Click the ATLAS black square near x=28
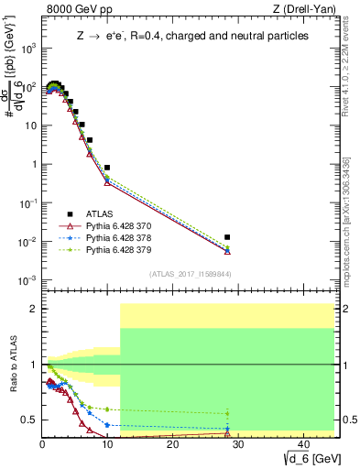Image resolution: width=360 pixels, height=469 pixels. (227, 237)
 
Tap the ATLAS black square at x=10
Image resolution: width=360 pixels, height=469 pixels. (107, 168)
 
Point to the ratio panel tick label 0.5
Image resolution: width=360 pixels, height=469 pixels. (28, 420)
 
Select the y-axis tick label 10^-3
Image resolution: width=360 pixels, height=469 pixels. (27, 280)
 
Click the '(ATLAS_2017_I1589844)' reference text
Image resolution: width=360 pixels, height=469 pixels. (190, 274)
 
